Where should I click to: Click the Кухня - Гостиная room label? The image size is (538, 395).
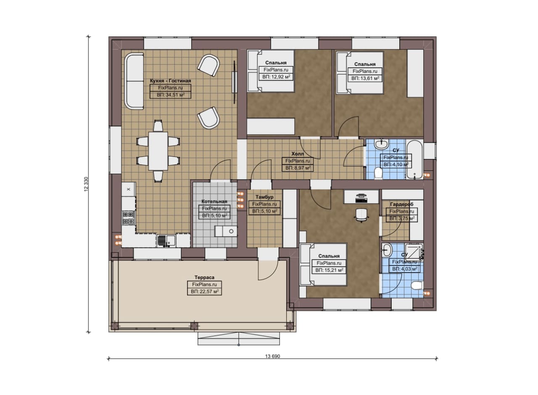[x=170, y=81]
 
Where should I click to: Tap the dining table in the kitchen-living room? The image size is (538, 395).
[x=158, y=151]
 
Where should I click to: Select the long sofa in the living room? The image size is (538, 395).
[x=134, y=81]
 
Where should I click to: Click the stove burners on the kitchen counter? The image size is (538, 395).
[x=128, y=217]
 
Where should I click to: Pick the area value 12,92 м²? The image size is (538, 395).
[x=276, y=77]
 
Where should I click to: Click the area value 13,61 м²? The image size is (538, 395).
[x=365, y=78]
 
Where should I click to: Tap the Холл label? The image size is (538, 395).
[x=298, y=154]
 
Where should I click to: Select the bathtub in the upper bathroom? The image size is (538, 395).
[x=414, y=159]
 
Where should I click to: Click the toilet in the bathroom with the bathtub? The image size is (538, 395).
[x=379, y=173]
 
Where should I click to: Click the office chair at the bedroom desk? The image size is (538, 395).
[x=361, y=214]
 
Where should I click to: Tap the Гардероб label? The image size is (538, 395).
[x=401, y=204]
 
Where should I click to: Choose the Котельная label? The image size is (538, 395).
[x=214, y=201]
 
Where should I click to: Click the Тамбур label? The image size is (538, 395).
[x=264, y=197]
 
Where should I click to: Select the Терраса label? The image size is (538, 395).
[x=204, y=278]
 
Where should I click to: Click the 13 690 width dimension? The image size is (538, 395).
[x=273, y=356]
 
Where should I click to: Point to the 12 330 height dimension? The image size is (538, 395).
[x=87, y=184]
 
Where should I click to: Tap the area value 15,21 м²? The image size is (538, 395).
[x=329, y=270]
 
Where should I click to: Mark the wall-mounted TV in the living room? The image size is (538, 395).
[x=234, y=82]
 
